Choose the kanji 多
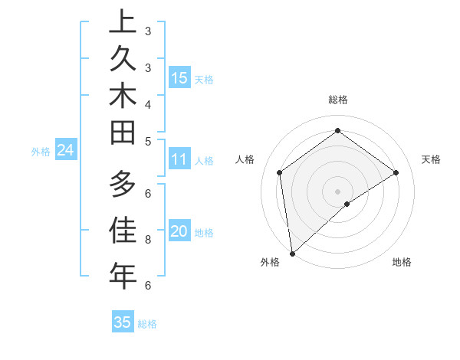122,185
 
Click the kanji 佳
122,230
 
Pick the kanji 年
122,275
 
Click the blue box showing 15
179,77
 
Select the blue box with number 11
179,159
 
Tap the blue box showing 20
179,232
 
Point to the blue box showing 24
65,150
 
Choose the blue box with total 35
123,322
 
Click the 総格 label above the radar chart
337,100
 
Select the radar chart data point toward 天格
396,172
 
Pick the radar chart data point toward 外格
292,253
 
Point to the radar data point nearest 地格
347,204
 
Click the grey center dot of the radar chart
337,191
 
